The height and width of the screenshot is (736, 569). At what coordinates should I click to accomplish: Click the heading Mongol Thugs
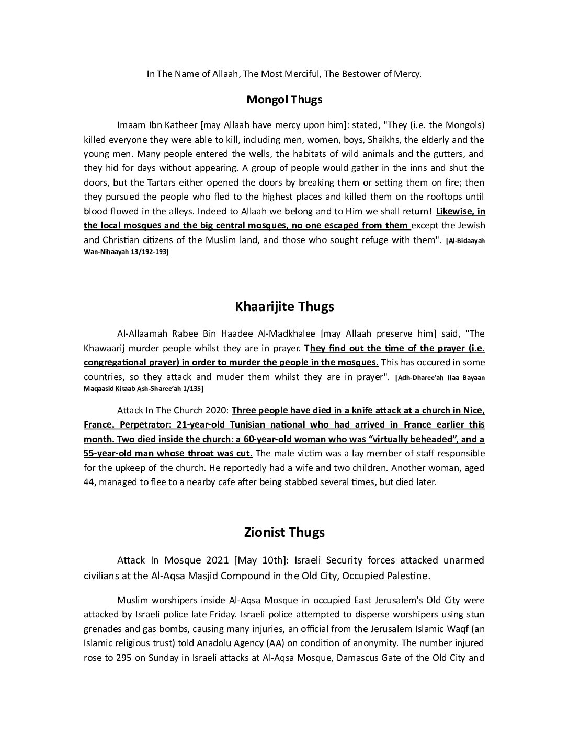[284, 99]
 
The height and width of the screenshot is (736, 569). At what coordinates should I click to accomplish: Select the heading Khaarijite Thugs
[284, 306]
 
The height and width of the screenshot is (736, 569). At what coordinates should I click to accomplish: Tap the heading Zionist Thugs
[284, 532]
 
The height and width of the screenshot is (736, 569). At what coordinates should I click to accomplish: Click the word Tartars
[153, 182]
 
